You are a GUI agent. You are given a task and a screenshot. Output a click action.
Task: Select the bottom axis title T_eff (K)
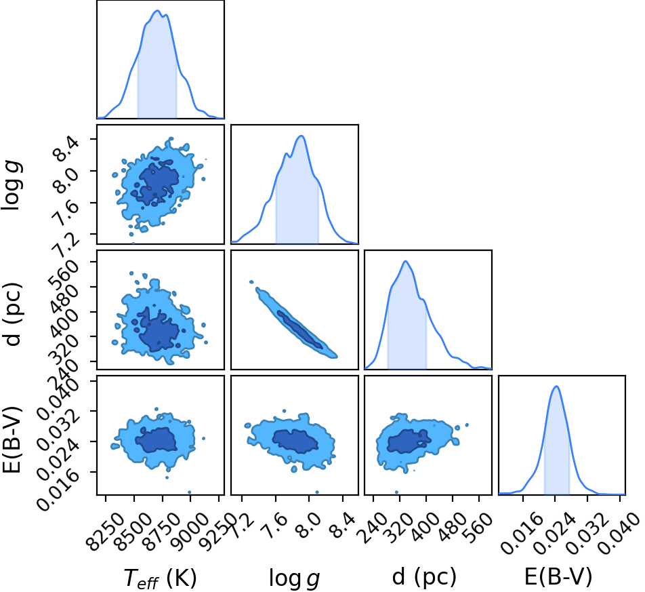(x=160, y=578)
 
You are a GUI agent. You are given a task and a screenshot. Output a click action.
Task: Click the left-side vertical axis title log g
(x=12, y=185)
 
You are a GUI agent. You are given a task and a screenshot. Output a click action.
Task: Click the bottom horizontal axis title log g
(x=295, y=578)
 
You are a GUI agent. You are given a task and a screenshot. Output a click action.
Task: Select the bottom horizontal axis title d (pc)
(x=424, y=577)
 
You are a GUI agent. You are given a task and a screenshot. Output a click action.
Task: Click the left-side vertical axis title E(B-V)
(x=12, y=439)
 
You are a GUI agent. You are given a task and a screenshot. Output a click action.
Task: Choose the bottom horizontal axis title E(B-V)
(x=558, y=577)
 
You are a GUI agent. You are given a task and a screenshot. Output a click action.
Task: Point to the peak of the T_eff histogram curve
(x=157, y=11)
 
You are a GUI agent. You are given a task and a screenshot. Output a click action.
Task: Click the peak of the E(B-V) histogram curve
(x=556, y=386)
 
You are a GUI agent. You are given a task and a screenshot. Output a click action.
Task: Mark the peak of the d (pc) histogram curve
(x=406, y=261)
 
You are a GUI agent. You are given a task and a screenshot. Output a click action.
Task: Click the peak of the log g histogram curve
(x=301, y=136)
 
